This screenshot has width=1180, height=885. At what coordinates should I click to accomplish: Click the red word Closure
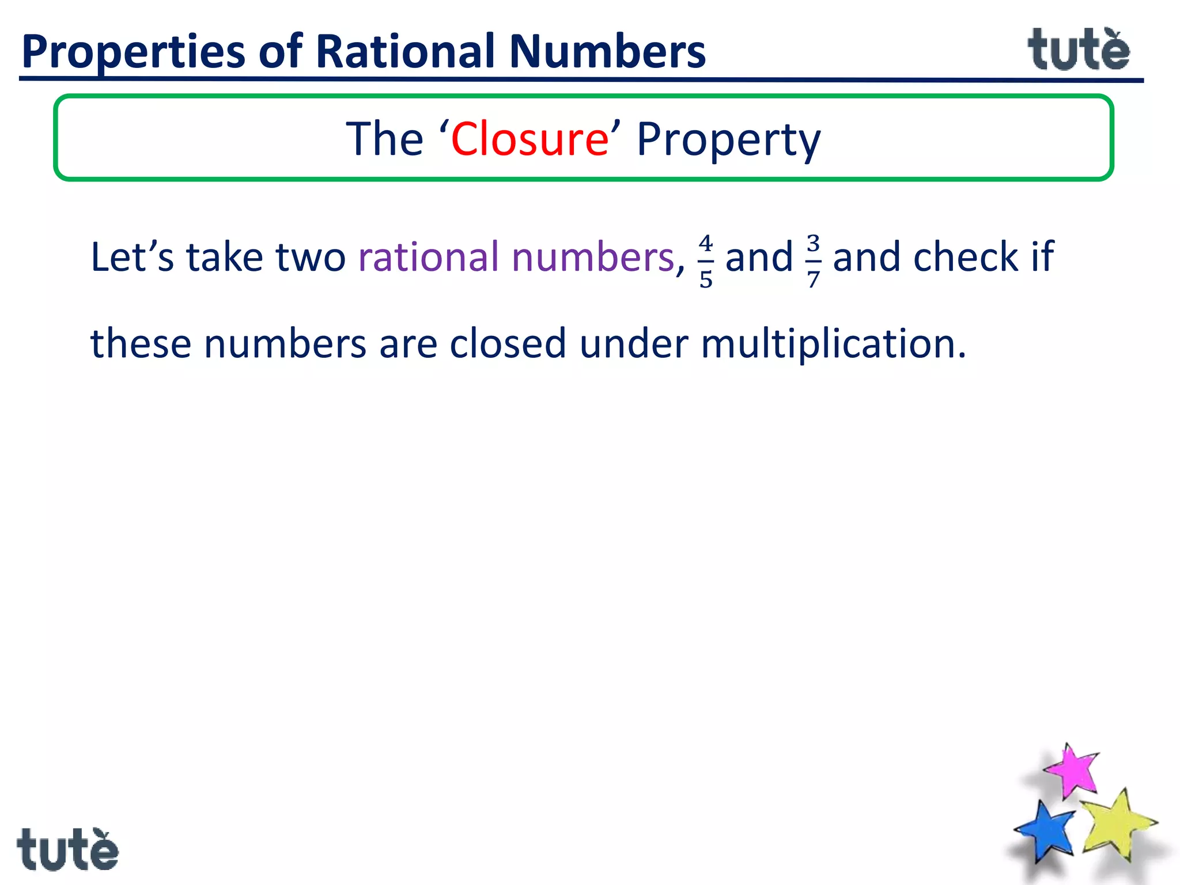point(530,139)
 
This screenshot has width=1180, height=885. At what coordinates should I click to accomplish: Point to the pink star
point(1072,770)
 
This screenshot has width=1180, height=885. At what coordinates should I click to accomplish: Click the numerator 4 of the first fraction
point(706,243)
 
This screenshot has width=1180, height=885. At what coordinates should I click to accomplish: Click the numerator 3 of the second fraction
point(813,243)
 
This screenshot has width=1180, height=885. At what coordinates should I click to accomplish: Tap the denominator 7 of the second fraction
point(813,279)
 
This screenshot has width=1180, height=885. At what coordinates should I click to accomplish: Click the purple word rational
point(428,257)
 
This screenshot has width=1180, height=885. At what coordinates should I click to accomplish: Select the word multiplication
point(833,345)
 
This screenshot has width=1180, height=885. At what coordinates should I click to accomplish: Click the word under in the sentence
point(634,344)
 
